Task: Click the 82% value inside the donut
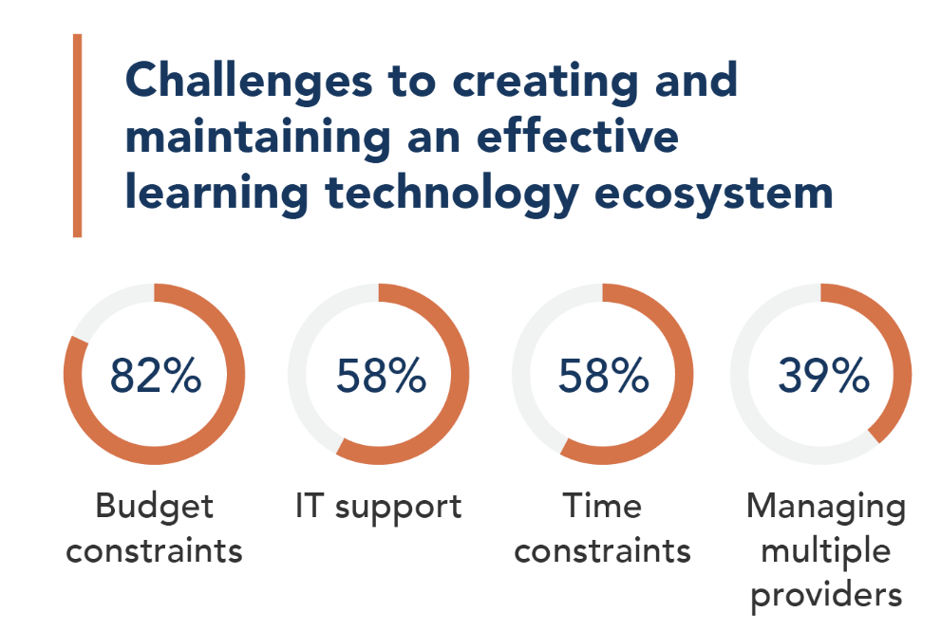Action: point(156,376)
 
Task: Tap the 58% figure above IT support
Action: point(381,376)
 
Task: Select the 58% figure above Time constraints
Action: point(604,376)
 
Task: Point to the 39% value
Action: point(824,376)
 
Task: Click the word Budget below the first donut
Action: point(154,508)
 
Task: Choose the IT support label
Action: point(379,508)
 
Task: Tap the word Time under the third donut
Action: point(602,506)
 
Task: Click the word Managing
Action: point(826,508)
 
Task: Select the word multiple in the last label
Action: point(826,551)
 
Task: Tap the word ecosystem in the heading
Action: point(713,194)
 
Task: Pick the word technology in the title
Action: point(452,194)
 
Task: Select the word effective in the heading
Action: point(577,136)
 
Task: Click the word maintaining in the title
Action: point(258,138)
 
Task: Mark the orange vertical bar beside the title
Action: point(78,136)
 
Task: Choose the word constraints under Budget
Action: point(154,551)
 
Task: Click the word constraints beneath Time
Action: point(603,551)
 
